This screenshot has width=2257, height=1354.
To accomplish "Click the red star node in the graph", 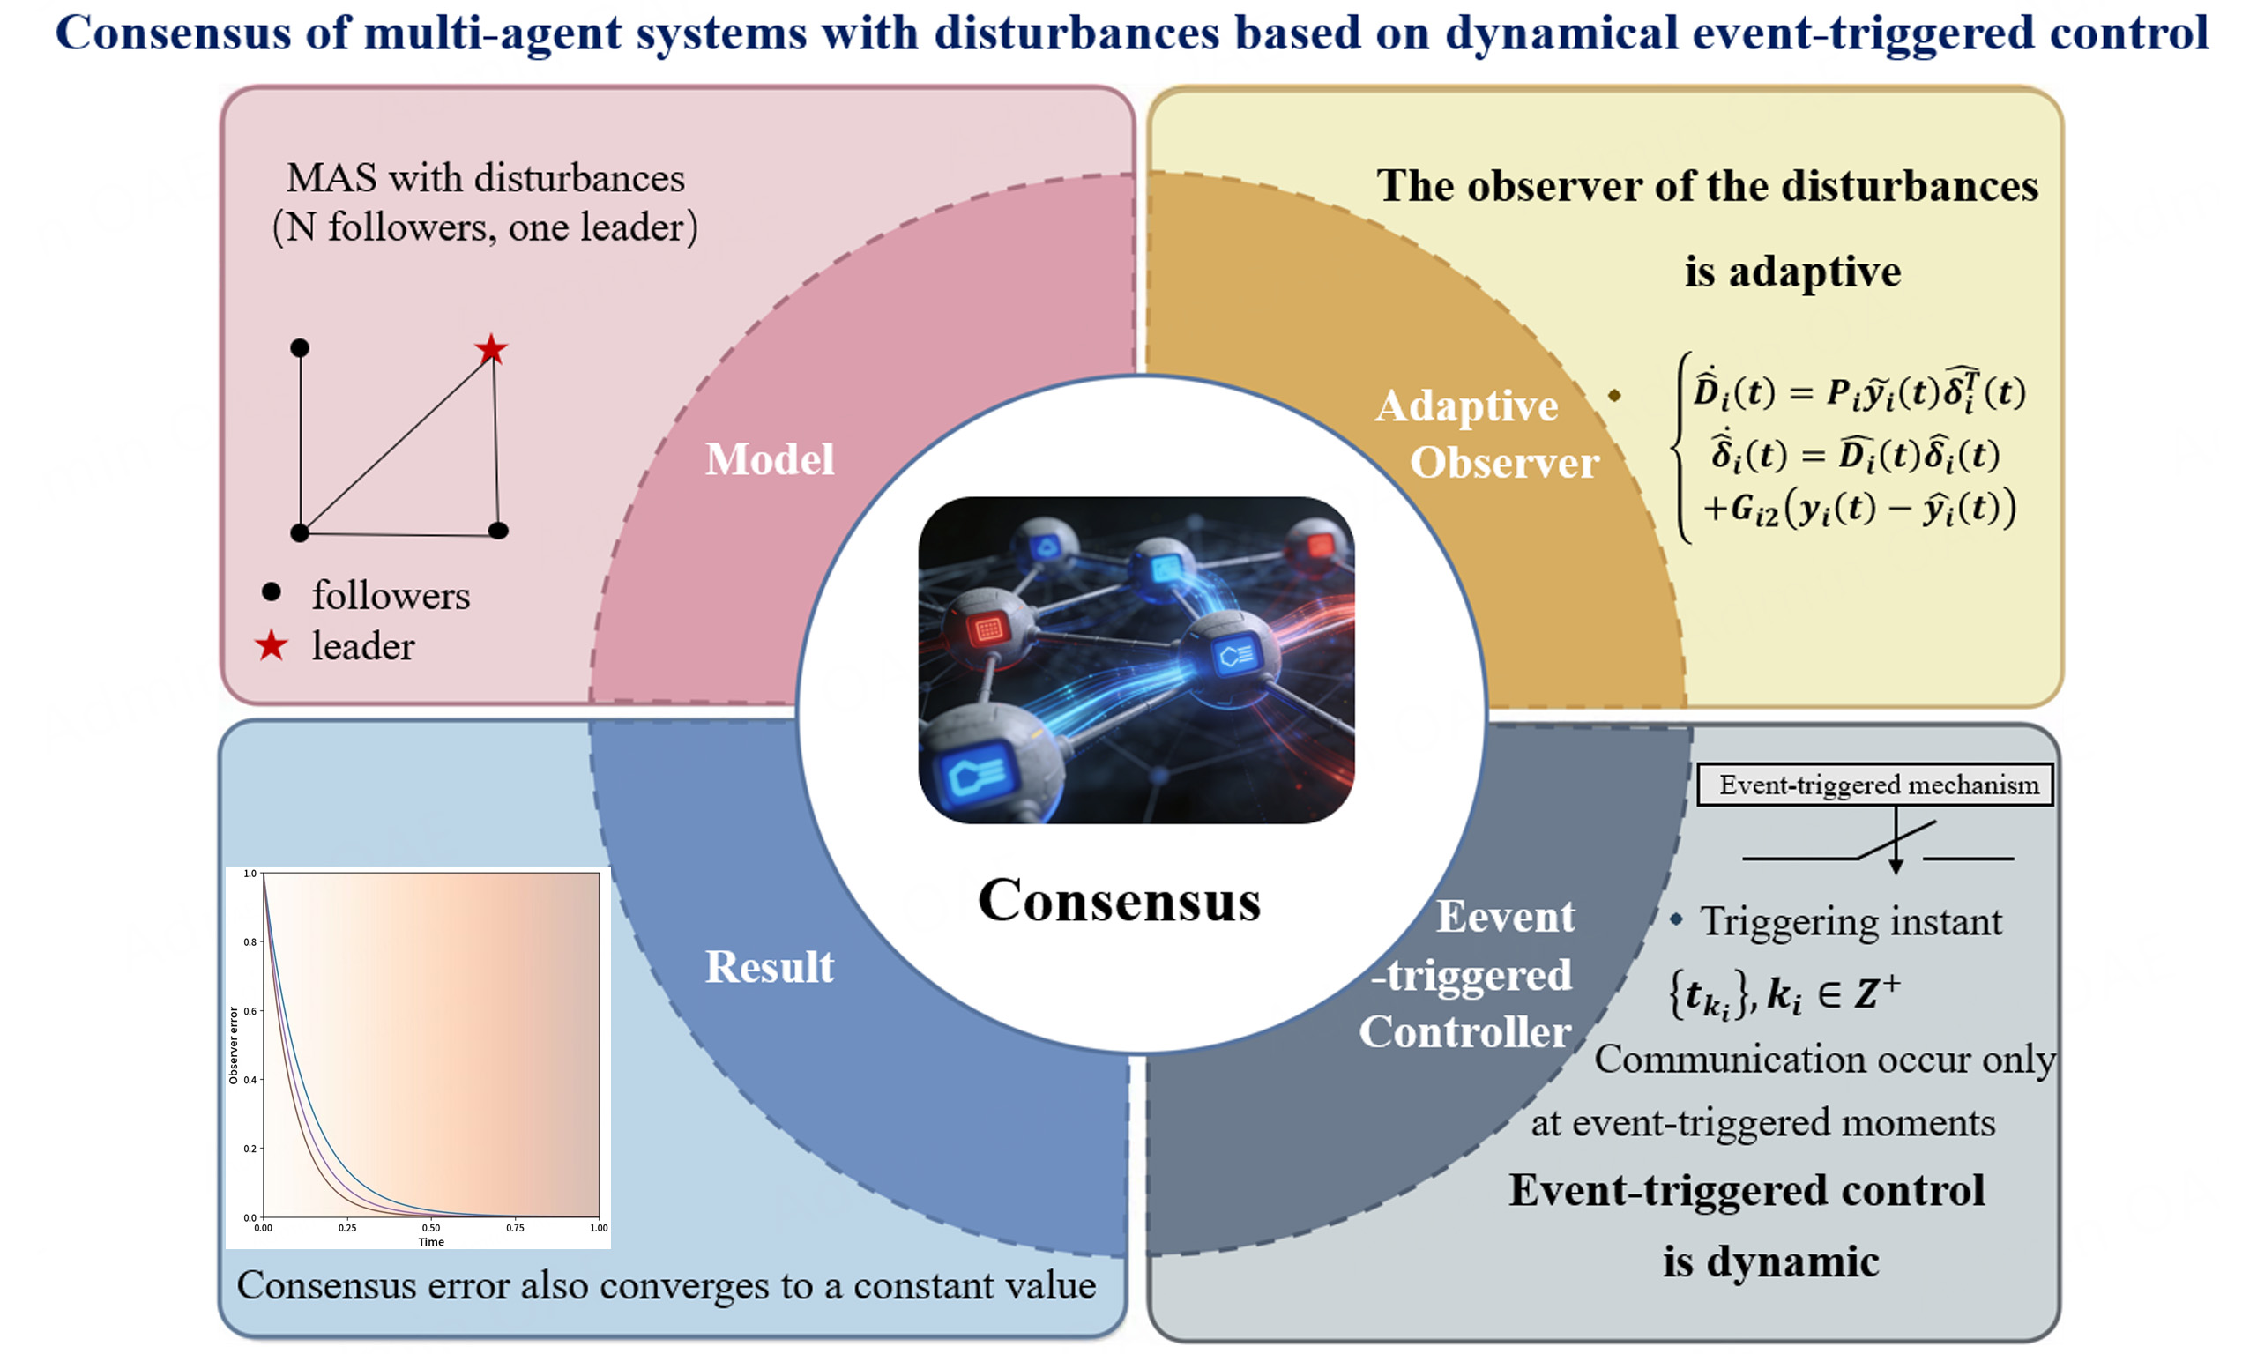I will [491, 348].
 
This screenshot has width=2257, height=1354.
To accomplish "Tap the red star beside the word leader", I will [271, 646].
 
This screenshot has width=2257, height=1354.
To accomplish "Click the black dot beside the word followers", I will [271, 592].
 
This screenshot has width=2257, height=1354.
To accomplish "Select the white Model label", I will [769, 459].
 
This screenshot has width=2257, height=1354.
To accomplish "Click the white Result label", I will [769, 967].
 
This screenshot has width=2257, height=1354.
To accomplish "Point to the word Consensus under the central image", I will [1119, 901].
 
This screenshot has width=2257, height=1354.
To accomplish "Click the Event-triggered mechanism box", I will [1874, 785].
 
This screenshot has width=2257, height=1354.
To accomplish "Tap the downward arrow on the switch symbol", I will [1896, 862].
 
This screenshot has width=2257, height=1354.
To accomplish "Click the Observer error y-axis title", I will [234, 1045].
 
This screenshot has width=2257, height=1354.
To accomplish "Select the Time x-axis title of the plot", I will [430, 1242].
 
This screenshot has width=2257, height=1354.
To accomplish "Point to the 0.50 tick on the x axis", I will [430, 1228].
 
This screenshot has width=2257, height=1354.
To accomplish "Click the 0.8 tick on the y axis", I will [250, 941].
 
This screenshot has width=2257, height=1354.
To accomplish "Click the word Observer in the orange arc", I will [1504, 463].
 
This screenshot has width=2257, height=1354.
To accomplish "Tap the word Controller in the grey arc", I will [1464, 1032].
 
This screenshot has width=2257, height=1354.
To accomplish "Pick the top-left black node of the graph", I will [299, 347].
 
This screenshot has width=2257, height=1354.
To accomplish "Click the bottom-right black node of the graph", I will [498, 531].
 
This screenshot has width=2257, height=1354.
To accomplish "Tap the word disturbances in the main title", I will [1076, 33].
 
